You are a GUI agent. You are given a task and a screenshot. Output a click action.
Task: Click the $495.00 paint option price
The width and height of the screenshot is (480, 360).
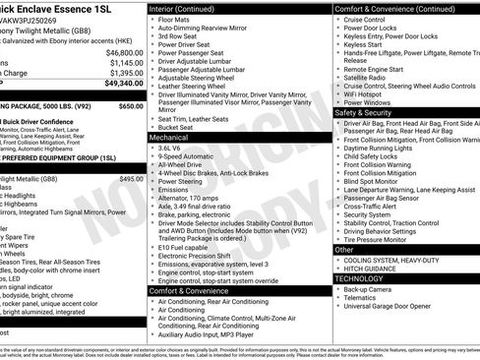[x=131, y=179]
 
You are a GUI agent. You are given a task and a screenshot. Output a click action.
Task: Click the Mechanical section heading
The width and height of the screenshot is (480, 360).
[x=172, y=139]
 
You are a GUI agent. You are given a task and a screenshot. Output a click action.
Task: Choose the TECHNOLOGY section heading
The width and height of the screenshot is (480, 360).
[x=359, y=278]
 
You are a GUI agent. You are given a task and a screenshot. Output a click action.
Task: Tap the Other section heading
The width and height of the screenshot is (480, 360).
[x=343, y=250]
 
